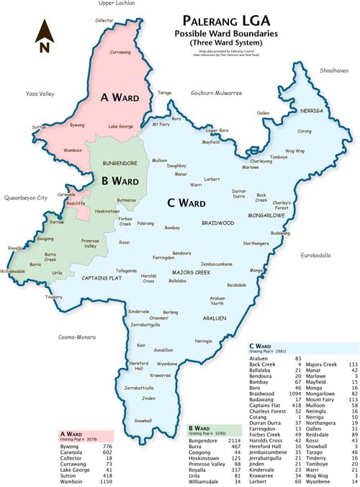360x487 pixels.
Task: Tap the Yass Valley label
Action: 40,94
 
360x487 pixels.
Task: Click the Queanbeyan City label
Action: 25,197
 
